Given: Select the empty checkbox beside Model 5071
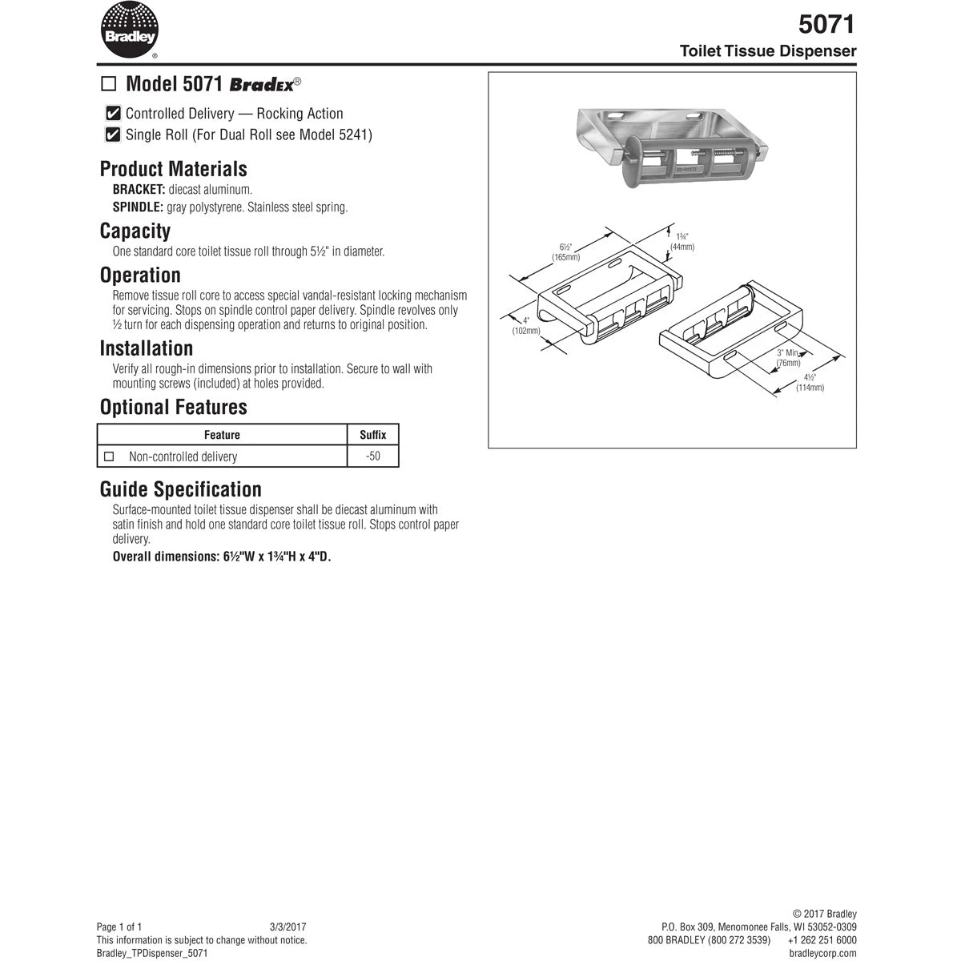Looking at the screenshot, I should (x=109, y=84).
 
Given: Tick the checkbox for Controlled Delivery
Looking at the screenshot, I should (x=114, y=114).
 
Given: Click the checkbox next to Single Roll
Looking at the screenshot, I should (x=114, y=135).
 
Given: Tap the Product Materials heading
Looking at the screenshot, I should (x=173, y=169).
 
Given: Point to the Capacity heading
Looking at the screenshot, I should (x=135, y=231).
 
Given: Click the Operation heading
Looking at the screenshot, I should (x=140, y=275).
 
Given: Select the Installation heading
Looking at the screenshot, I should (x=146, y=348).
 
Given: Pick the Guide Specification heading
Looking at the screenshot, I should (x=180, y=489).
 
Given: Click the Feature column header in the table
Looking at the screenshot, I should (x=222, y=435).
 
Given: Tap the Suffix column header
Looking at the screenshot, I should (x=372, y=435).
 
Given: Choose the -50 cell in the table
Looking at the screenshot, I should (x=372, y=456).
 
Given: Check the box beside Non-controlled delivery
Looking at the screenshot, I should (x=110, y=456).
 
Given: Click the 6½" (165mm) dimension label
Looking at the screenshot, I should (x=565, y=252).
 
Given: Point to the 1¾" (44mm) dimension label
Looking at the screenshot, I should (x=682, y=242).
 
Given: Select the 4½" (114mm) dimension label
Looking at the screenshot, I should (x=810, y=383).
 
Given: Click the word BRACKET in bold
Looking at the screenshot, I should (x=139, y=190).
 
